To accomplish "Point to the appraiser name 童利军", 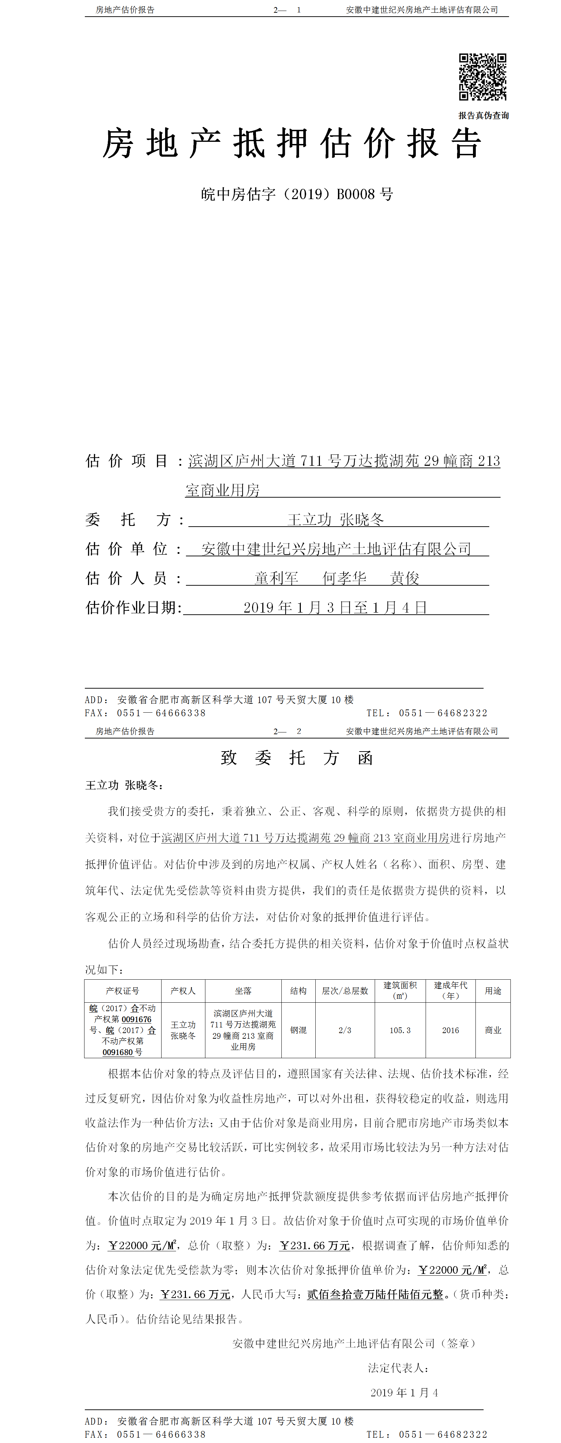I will pos(276,578).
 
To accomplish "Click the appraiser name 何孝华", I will pos(344,578).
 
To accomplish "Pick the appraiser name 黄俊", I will pos(404,578).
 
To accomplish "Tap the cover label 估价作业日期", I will pos(133,608).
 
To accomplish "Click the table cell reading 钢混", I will pos(298,1030).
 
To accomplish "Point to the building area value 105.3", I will pos(400,1030).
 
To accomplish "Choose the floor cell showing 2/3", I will pos(345,1030).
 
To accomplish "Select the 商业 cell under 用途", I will pos(493,1030).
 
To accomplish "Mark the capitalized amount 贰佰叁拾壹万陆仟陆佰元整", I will pos(375,1294).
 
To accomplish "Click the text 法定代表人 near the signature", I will pos(398,1368).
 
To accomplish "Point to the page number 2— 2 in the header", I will pos(287,731).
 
